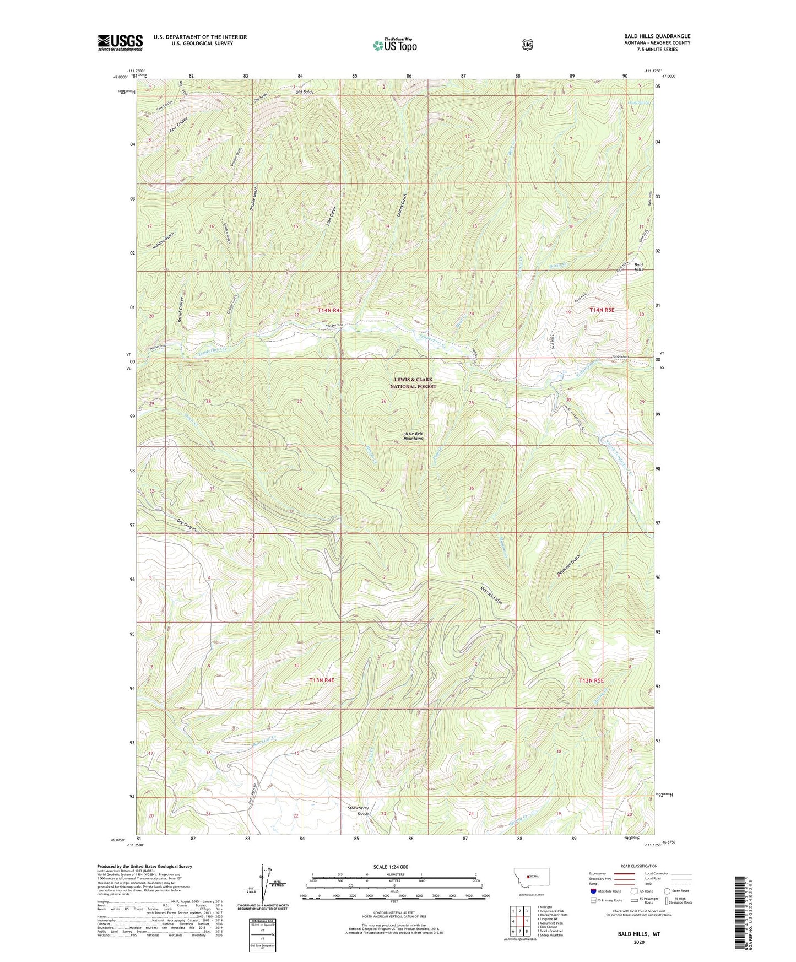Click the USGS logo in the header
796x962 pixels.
click(x=120, y=42)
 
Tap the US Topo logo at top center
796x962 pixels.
click(x=394, y=45)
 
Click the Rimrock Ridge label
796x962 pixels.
click(x=491, y=593)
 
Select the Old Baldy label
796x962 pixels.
click(x=304, y=92)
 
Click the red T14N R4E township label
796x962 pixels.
click(x=330, y=310)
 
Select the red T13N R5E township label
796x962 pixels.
click(x=591, y=680)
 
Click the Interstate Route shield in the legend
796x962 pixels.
click(x=593, y=891)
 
